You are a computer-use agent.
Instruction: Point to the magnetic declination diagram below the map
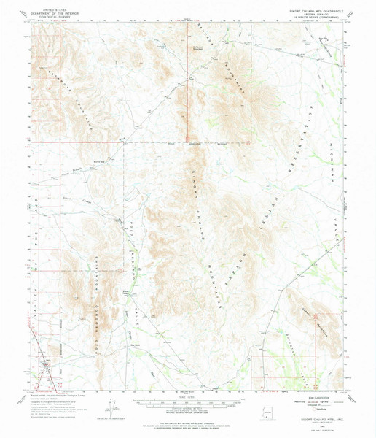click(x=111, y=410)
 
